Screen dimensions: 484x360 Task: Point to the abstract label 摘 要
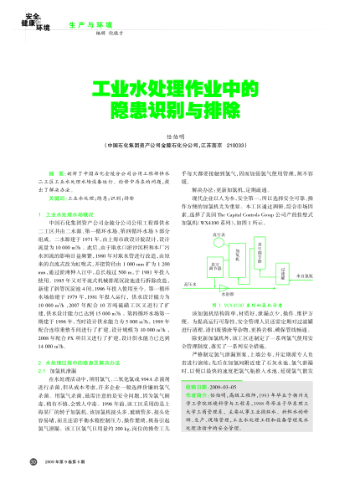60,172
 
